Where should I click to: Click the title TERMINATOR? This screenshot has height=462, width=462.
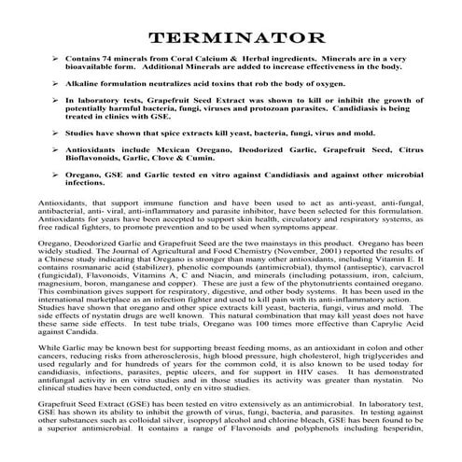[x=231, y=38]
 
